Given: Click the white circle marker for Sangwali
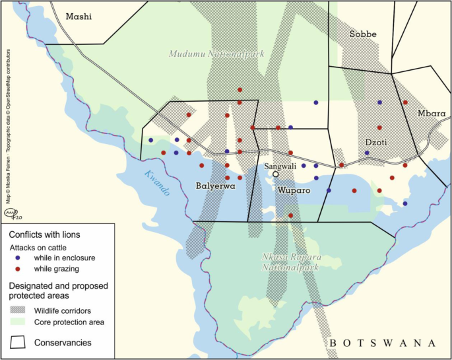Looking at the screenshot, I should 276,174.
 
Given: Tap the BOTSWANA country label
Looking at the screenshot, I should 383,343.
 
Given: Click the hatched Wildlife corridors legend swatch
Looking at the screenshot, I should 23,310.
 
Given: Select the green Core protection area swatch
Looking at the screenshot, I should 23,322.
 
